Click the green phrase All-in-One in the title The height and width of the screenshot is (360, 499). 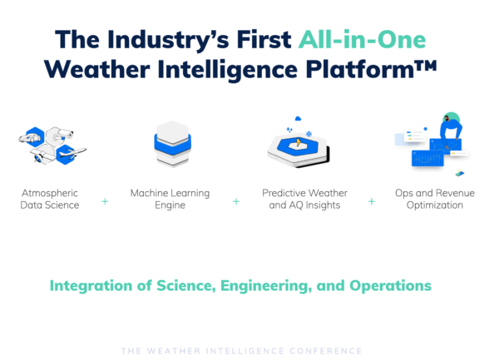point(362,40)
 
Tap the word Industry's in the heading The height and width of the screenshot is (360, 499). point(168,41)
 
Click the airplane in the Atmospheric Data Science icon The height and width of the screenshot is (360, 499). point(72,153)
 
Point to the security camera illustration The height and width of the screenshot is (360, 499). point(61,135)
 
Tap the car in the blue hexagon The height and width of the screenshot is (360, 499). point(31,138)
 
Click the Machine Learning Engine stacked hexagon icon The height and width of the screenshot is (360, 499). point(172,144)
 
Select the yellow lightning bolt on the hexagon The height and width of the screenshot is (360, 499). point(299,142)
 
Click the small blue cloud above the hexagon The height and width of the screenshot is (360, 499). point(298,119)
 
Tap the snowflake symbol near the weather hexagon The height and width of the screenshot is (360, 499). point(309,134)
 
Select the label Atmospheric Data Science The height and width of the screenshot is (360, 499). point(50,199)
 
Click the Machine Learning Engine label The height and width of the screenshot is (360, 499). point(170,199)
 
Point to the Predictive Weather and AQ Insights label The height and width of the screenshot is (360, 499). point(304,199)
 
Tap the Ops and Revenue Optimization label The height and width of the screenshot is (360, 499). point(435,199)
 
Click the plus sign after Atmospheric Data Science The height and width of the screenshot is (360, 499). point(105,201)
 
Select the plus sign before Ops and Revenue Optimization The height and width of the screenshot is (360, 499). point(372,201)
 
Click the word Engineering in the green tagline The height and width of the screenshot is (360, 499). point(266,286)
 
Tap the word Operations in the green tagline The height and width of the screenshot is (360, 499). point(391,286)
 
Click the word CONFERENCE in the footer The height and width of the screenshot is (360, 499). point(326,351)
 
